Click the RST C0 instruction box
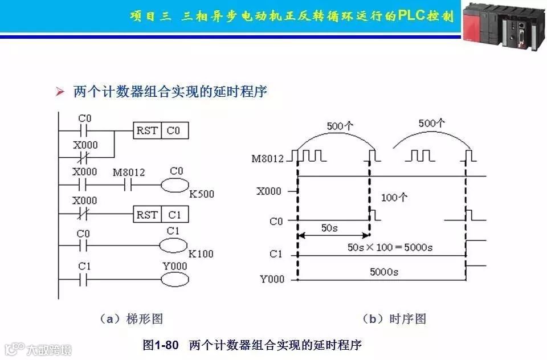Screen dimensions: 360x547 click(x=161, y=131)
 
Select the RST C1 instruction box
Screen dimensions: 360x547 click(x=161, y=215)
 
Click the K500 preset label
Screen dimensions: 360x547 click(x=202, y=194)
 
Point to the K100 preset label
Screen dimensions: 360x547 click(x=201, y=253)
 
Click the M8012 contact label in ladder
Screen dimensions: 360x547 click(x=129, y=172)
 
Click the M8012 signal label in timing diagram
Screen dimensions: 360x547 click(x=267, y=159)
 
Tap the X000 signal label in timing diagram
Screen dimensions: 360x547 click(x=269, y=191)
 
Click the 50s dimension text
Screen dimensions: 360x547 click(x=329, y=228)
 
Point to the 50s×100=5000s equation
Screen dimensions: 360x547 click(x=390, y=248)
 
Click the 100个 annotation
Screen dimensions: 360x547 click(x=394, y=198)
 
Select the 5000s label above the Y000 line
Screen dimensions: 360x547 click(x=383, y=272)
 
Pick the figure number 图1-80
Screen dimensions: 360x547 click(x=161, y=345)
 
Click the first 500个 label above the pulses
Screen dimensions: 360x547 click(x=340, y=126)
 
